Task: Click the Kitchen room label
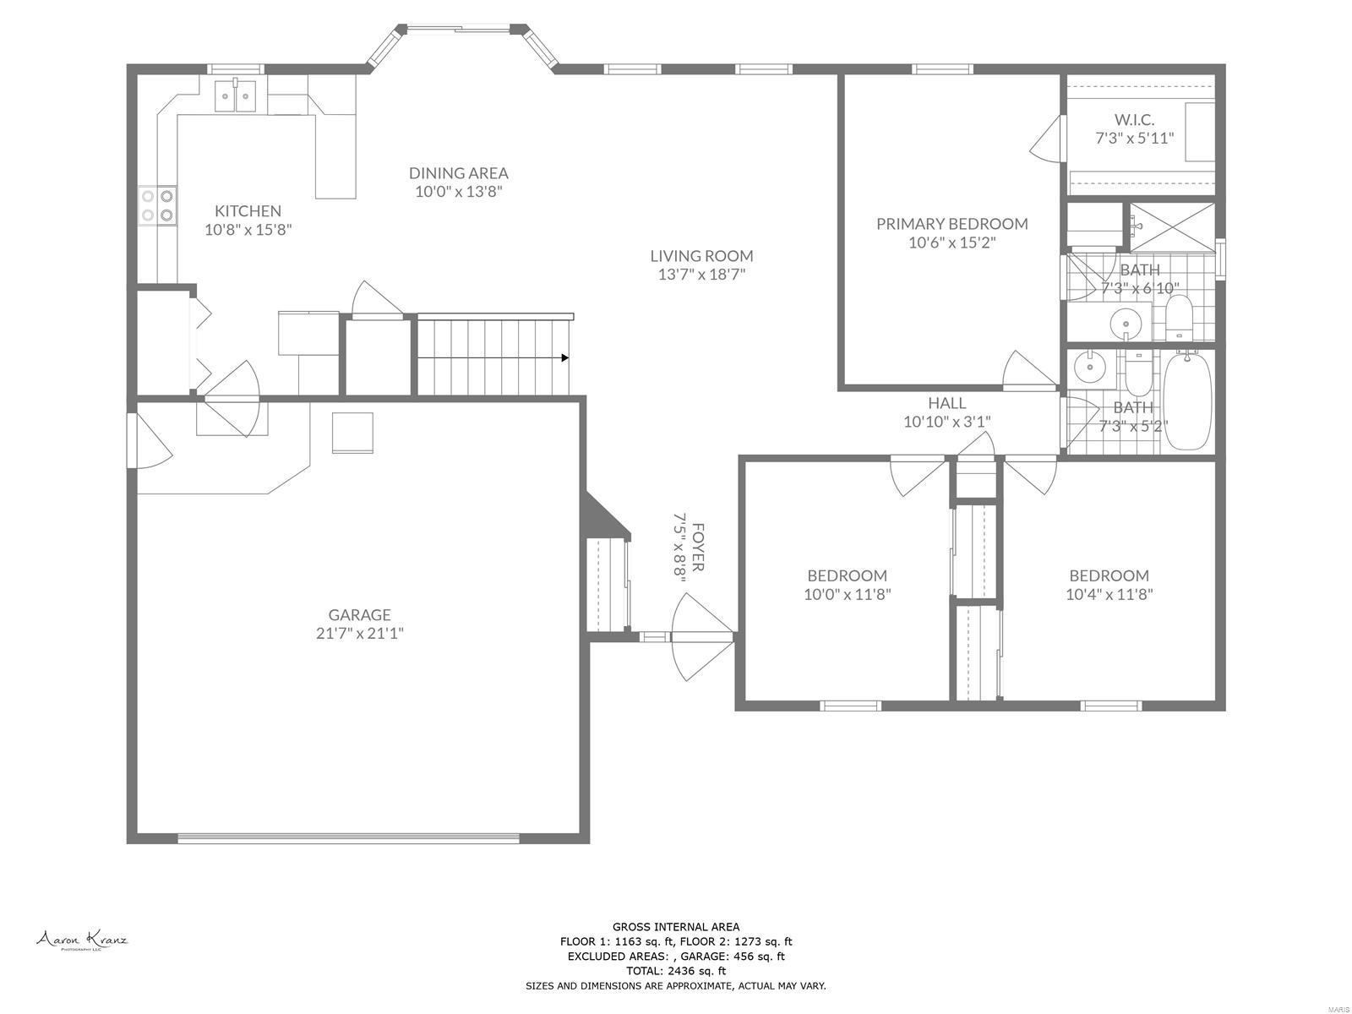click(x=248, y=210)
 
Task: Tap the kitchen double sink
click(x=236, y=96)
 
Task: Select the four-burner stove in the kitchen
click(x=158, y=205)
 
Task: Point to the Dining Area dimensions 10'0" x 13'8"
click(x=459, y=192)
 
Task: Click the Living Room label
click(x=701, y=255)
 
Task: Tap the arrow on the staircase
click(x=563, y=357)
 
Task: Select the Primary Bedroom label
click(x=951, y=223)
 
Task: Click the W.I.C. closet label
click(x=1134, y=119)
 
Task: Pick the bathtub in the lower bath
click(x=1187, y=401)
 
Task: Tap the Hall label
click(x=946, y=403)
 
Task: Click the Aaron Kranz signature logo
click(x=81, y=940)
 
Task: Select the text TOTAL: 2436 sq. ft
click(x=675, y=971)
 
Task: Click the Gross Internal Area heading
click(x=675, y=927)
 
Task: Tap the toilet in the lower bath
click(x=1137, y=374)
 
